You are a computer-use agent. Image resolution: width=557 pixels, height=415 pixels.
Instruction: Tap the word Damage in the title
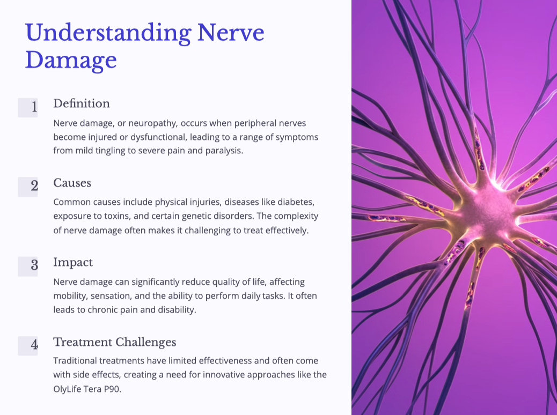tap(71, 61)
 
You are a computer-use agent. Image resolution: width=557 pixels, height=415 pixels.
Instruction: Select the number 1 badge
tap(28, 108)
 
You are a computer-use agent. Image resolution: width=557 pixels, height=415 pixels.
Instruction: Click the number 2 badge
tap(28, 187)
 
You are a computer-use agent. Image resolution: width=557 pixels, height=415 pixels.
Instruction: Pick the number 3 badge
tap(28, 266)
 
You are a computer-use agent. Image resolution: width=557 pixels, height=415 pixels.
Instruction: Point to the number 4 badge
tap(28, 346)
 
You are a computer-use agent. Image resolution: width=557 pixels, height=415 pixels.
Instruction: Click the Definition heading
tap(82, 103)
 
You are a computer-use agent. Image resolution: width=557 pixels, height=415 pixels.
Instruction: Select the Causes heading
tap(72, 183)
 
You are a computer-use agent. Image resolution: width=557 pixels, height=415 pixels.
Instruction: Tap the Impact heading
tap(73, 262)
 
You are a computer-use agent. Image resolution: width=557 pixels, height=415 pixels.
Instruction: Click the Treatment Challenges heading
tap(115, 342)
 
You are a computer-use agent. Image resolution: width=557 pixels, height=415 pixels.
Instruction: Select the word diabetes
tap(296, 202)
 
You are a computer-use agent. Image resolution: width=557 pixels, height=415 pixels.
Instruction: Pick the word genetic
tap(195, 216)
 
